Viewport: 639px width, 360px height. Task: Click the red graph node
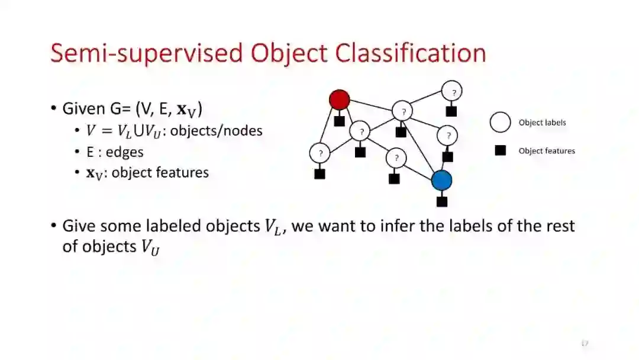click(340, 99)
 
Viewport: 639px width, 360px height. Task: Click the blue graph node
click(441, 180)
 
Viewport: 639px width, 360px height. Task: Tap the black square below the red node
click(340, 121)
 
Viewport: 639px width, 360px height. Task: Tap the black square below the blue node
click(442, 201)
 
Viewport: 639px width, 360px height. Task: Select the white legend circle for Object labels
click(500, 123)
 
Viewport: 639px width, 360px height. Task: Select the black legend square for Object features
click(501, 150)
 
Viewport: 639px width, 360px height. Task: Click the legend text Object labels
click(542, 123)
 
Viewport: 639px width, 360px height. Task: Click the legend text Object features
click(547, 151)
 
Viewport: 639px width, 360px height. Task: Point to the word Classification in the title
click(411, 53)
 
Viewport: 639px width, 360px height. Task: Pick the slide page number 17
click(585, 343)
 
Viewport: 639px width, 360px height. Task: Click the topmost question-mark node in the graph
click(453, 92)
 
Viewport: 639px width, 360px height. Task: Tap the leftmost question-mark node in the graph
click(320, 153)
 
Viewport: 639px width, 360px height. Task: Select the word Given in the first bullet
click(84, 109)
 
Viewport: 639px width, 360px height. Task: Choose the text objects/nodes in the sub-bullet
click(217, 130)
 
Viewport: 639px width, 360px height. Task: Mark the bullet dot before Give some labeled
click(54, 226)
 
